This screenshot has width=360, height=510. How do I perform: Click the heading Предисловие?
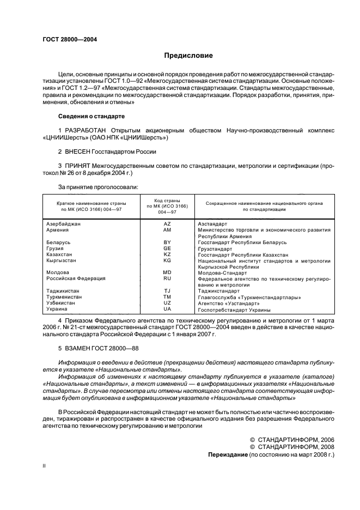pos(188,56)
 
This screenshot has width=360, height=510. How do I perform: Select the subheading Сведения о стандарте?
pos(91,117)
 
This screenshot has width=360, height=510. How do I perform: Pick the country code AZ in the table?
pos(167,224)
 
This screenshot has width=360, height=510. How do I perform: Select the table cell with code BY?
pos(167,242)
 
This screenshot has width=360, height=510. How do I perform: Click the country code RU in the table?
pos(167,278)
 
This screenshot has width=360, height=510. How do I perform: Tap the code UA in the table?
pos(167,309)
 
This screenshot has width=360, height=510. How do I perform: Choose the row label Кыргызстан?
pos(62,260)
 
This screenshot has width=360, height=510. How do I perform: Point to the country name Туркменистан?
pos(64,297)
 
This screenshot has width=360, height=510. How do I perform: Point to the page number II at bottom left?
pos(45,466)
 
